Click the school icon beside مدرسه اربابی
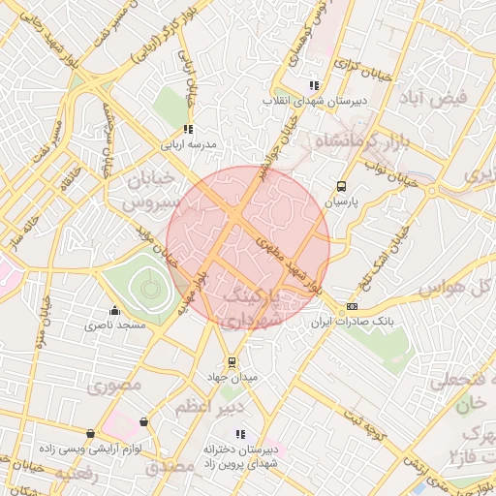(x=187, y=129)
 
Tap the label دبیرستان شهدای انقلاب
(x=304, y=101)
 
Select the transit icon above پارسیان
(x=340, y=187)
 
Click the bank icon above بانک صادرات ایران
(x=351, y=307)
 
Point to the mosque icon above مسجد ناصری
(x=115, y=310)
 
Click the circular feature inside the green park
(x=149, y=287)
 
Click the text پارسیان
(x=340, y=203)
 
